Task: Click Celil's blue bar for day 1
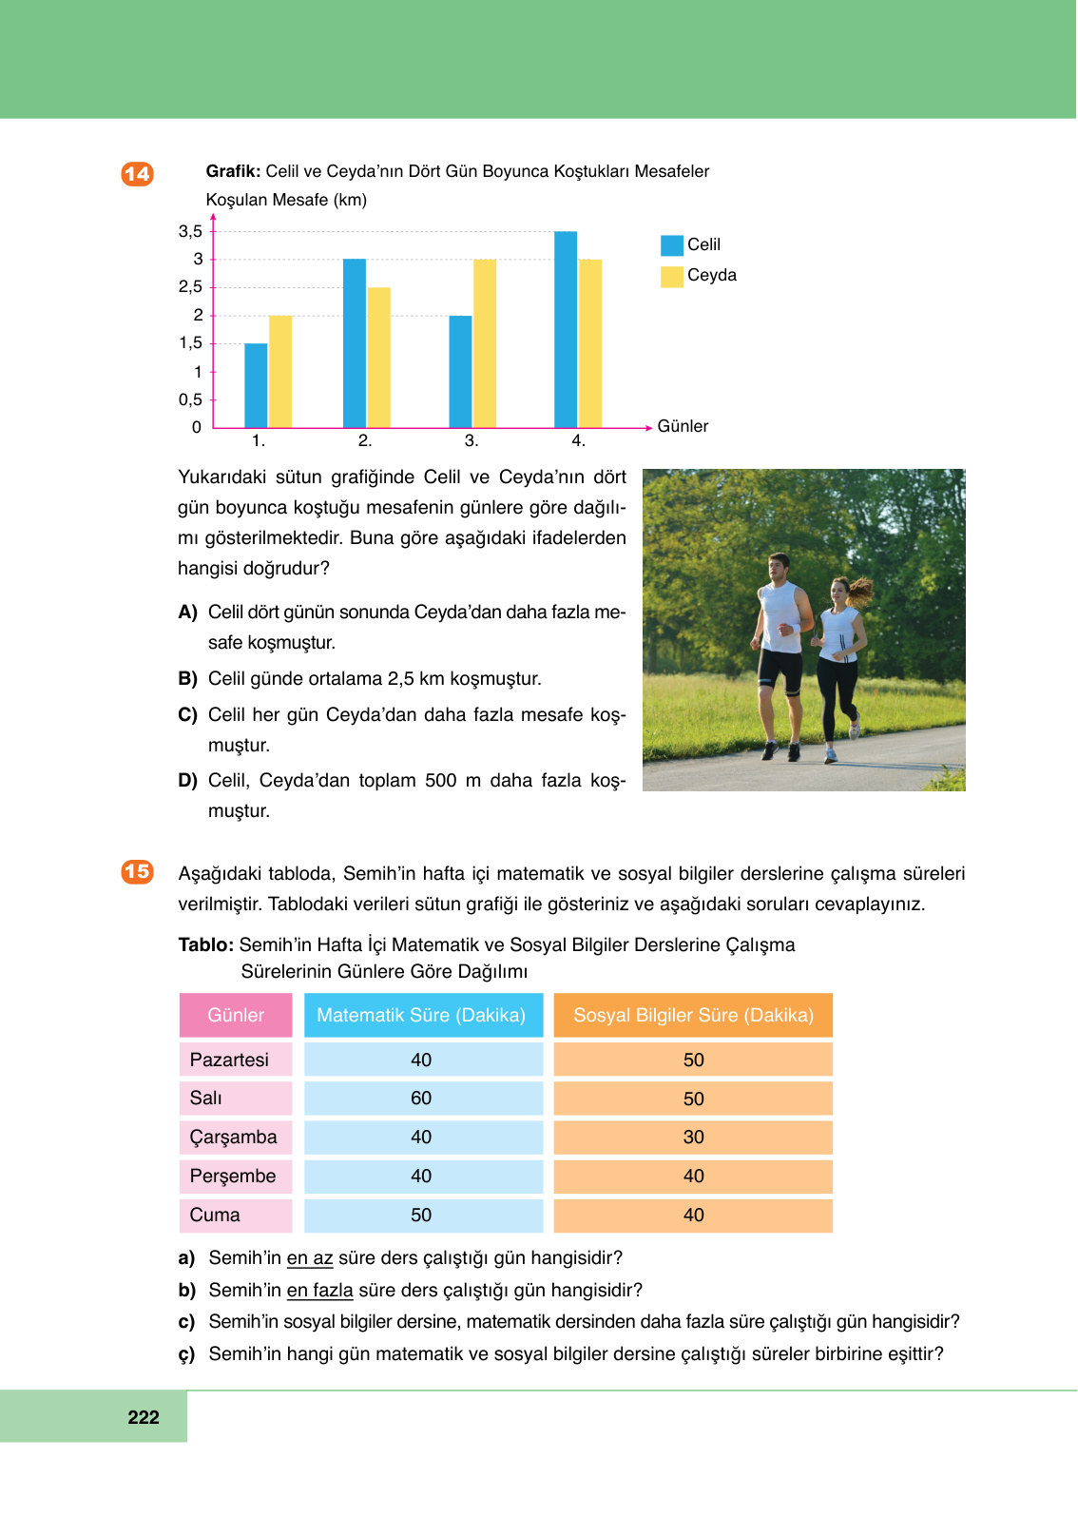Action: pos(256,385)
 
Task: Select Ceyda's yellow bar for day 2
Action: pos(378,357)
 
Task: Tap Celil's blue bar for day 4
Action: pos(566,329)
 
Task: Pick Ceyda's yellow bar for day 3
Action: pos(485,343)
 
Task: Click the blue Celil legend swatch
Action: pos(672,245)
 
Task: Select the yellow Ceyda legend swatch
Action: pos(672,276)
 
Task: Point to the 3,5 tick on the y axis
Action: pos(191,231)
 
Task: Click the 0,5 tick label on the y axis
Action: pos(190,399)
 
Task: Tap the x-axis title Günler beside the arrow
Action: pos(683,426)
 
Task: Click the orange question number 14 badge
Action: pos(137,173)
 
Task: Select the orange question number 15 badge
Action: pos(137,871)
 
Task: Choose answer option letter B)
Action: pos(187,678)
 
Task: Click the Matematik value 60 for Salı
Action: pos(421,1099)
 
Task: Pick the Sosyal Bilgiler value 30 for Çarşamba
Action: pos(693,1138)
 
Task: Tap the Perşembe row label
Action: pos(233,1177)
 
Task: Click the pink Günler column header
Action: pos(236,1015)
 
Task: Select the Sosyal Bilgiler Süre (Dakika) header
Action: pos(693,1015)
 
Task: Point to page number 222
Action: pos(144,1417)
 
